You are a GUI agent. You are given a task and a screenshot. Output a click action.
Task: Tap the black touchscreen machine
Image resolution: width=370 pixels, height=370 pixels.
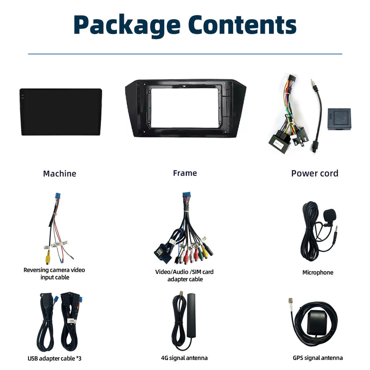coord(61,112)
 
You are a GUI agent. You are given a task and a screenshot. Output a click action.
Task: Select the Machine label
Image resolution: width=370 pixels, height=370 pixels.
coord(59,173)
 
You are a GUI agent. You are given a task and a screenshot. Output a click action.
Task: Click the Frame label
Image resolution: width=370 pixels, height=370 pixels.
coord(185,173)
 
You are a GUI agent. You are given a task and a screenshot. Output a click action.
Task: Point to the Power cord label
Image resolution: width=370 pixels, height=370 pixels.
coord(314,173)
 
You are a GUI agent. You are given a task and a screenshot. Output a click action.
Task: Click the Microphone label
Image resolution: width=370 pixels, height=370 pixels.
coord(318,272)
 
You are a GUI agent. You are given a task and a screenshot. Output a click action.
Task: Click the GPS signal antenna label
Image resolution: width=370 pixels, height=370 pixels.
coord(318,358)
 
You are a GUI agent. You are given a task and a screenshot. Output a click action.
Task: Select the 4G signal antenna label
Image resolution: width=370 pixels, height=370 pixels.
coord(184,358)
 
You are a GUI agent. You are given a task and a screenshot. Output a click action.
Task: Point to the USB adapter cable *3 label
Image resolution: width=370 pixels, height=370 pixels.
coord(54,358)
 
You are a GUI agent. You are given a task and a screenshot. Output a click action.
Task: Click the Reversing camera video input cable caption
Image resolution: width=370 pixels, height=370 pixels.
coord(54,273)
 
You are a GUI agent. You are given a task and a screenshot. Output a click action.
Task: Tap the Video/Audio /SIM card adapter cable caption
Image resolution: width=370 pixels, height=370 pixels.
coord(184,275)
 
